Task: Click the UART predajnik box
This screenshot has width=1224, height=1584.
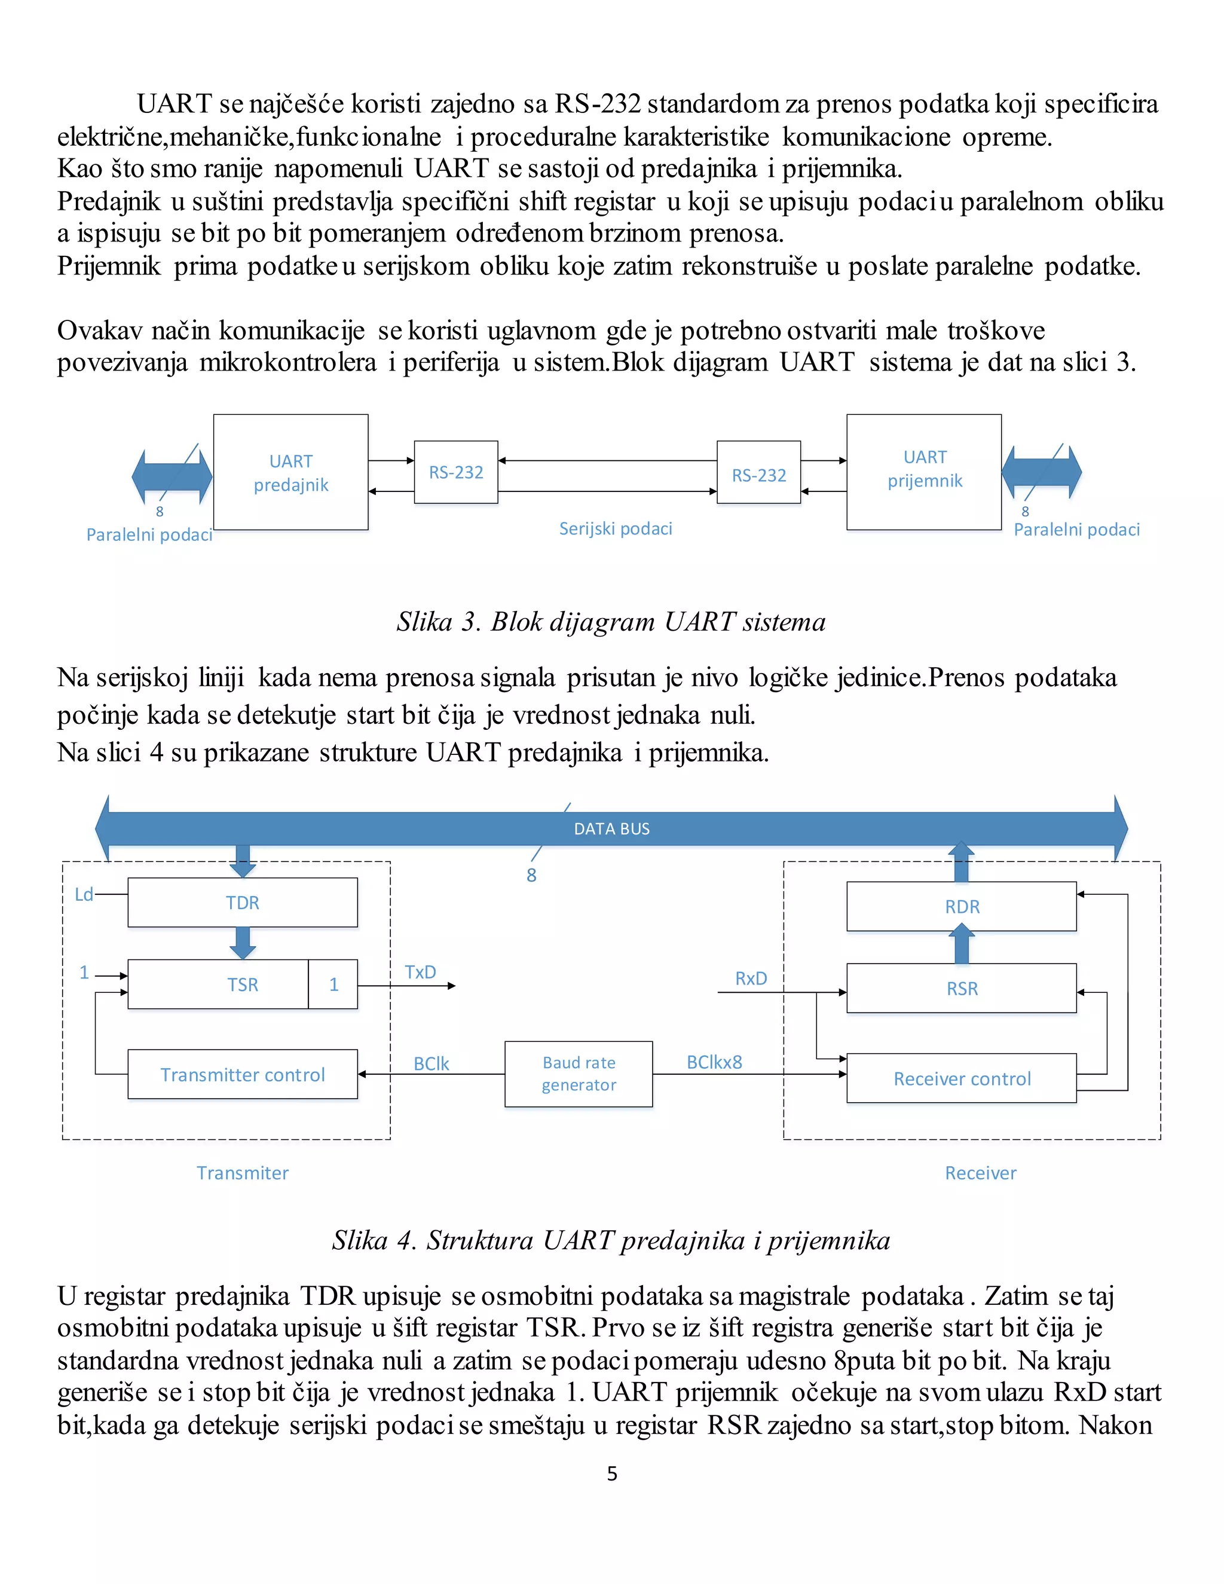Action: pyautogui.click(x=291, y=472)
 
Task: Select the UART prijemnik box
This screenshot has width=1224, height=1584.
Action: pyautogui.click(x=924, y=472)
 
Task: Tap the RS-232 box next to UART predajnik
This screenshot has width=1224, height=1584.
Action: pyautogui.click(x=456, y=472)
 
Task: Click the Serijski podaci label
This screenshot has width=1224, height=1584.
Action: pyautogui.click(x=616, y=529)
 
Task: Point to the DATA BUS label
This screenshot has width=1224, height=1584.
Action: pyautogui.click(x=611, y=828)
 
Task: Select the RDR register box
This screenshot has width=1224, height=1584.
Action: pyautogui.click(x=962, y=907)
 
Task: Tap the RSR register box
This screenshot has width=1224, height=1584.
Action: pyautogui.click(x=962, y=988)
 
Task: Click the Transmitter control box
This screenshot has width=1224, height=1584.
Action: pyautogui.click(x=242, y=1074)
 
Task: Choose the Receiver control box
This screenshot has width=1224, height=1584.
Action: pyautogui.click(x=962, y=1078)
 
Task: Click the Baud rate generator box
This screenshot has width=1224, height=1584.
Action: pyautogui.click(x=579, y=1074)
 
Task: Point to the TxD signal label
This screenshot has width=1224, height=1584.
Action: pyautogui.click(x=421, y=972)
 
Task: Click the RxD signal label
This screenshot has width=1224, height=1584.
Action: pyautogui.click(x=751, y=978)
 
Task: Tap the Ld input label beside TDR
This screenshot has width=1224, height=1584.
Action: pyautogui.click(x=84, y=894)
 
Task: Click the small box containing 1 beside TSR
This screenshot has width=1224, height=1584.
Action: pyautogui.click(x=333, y=984)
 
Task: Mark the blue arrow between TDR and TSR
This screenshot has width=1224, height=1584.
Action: pyautogui.click(x=242, y=943)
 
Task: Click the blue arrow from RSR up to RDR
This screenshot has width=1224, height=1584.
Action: pyautogui.click(x=962, y=945)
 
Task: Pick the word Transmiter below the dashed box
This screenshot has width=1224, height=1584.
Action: pyautogui.click(x=242, y=1173)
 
